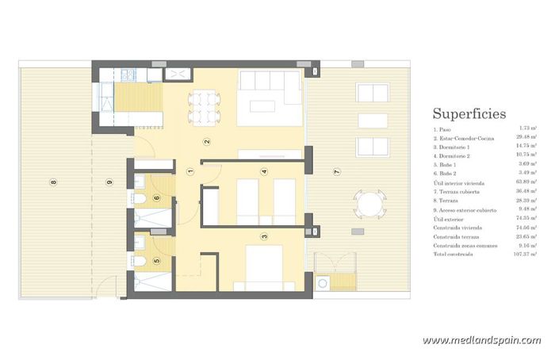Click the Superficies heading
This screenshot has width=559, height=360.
[x=469, y=113]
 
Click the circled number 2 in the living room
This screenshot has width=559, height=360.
[x=207, y=143]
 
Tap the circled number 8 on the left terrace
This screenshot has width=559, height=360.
[x=54, y=182]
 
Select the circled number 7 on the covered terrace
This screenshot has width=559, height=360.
[x=337, y=171]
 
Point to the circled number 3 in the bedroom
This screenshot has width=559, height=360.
[x=263, y=236]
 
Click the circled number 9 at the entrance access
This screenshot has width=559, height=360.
[x=109, y=182]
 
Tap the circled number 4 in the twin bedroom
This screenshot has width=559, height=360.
[x=263, y=171]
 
